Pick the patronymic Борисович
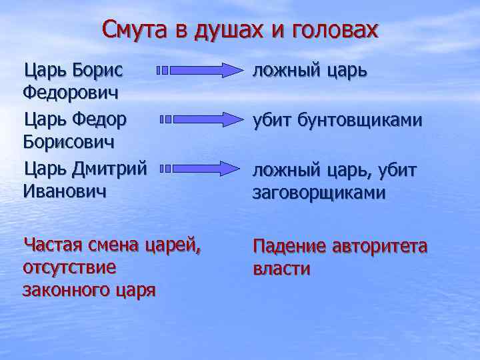(x=68, y=142)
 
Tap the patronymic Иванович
(x=64, y=191)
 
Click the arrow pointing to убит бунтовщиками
(x=203, y=119)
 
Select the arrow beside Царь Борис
(x=199, y=69)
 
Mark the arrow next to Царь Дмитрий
(x=203, y=169)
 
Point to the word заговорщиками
(x=319, y=193)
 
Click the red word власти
(x=281, y=269)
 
